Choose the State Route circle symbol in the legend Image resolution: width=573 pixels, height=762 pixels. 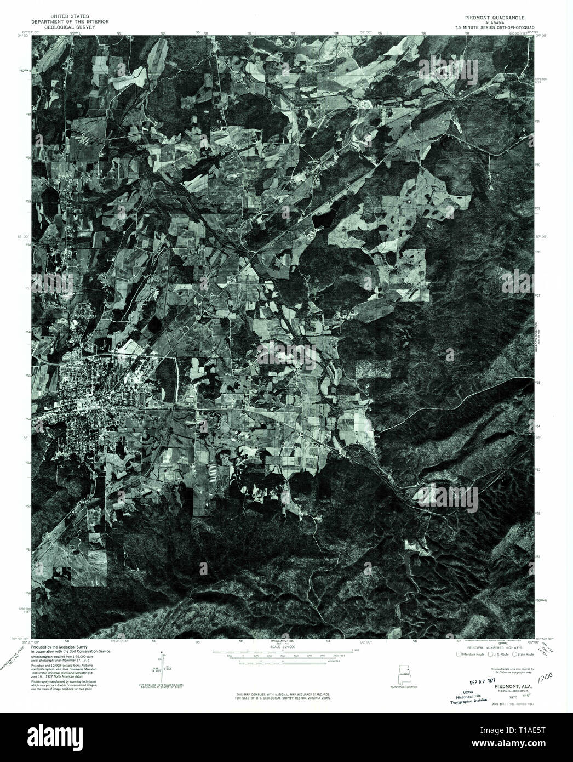point(515,654)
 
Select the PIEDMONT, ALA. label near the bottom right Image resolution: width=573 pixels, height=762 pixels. point(505,678)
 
